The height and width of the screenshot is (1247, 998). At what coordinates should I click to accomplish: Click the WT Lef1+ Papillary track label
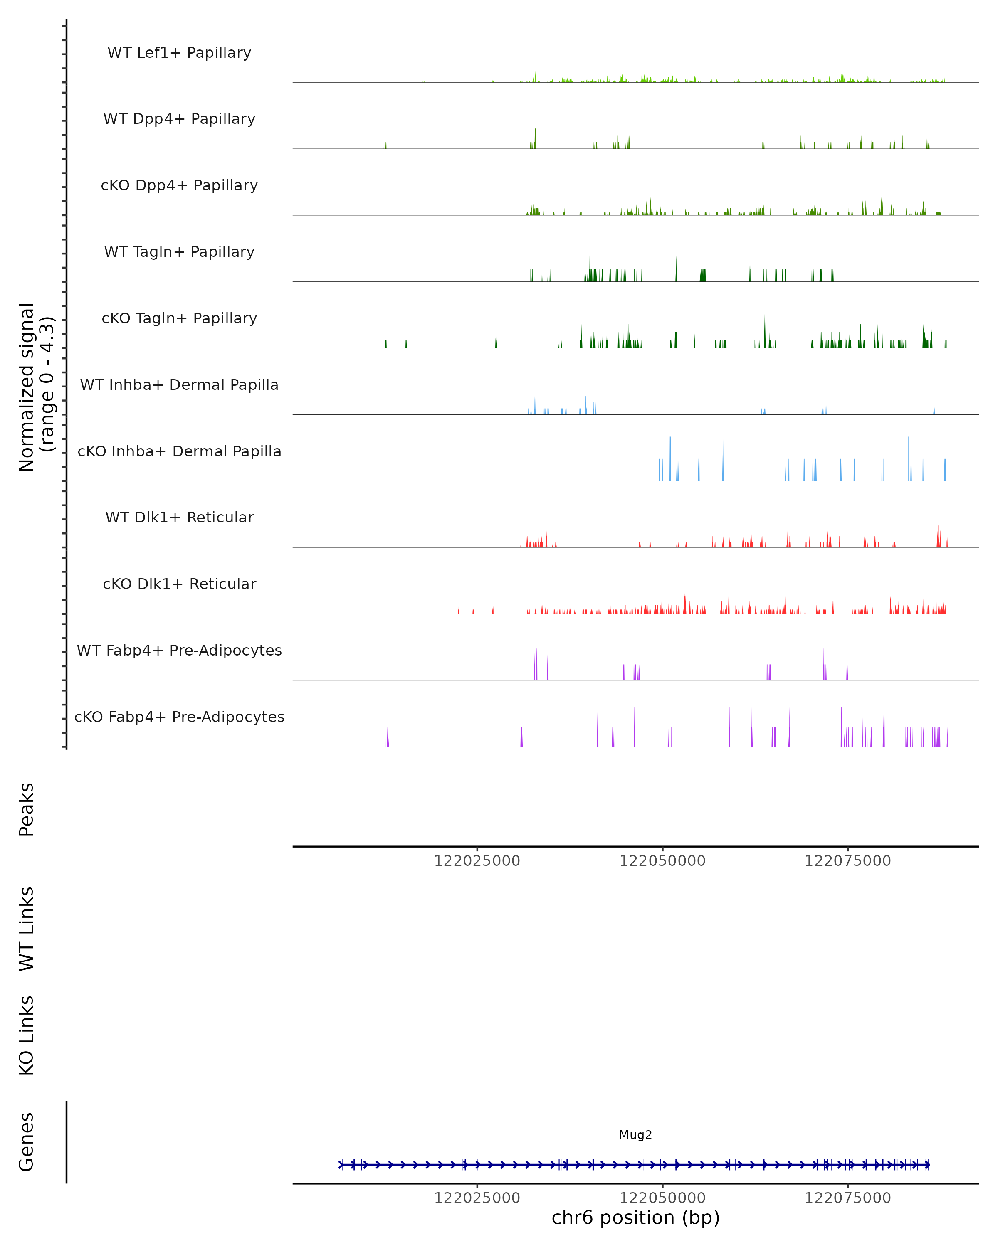tap(179, 53)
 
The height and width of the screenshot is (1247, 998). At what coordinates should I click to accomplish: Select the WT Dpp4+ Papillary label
tap(179, 119)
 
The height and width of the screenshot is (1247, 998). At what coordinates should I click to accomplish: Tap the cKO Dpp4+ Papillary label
tap(179, 186)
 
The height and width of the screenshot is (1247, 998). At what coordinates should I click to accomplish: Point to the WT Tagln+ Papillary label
tap(179, 252)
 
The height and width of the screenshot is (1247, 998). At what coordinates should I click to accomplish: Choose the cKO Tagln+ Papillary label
tap(179, 319)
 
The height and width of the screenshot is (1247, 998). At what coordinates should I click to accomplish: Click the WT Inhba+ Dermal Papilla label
tap(179, 385)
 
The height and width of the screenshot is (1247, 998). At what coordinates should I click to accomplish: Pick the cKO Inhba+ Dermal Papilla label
tap(179, 452)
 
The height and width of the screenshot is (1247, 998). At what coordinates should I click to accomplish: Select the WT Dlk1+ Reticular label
tap(179, 518)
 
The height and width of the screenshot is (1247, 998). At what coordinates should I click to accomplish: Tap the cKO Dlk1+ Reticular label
tap(179, 584)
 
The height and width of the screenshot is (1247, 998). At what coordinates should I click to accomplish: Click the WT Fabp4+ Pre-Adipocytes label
tap(179, 651)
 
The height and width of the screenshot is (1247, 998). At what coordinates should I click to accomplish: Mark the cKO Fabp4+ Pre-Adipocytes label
tap(179, 717)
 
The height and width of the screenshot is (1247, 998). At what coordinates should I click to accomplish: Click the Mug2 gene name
tap(635, 1135)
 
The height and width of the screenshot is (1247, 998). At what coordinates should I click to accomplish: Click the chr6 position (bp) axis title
tap(635, 1217)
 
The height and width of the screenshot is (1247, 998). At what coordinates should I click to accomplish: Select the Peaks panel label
tap(27, 810)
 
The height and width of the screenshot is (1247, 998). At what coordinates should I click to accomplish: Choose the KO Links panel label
tap(27, 1035)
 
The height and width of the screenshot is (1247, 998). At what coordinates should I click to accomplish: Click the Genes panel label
tap(27, 1142)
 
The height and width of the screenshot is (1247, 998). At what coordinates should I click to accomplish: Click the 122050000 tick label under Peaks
tap(662, 861)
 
